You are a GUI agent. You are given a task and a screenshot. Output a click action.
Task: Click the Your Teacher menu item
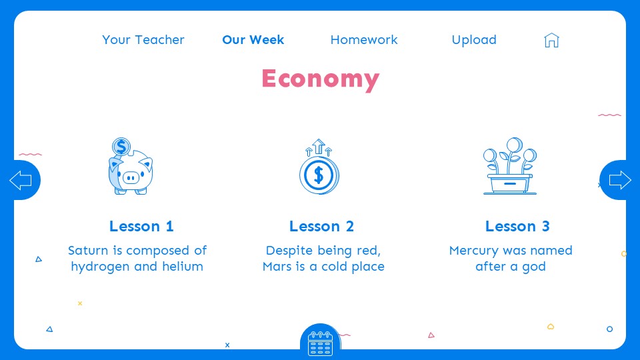click(x=143, y=40)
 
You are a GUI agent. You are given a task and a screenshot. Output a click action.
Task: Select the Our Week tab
click(x=253, y=40)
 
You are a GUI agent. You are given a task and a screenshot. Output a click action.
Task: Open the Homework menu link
click(x=364, y=40)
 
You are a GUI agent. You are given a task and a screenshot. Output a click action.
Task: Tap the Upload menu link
click(x=474, y=40)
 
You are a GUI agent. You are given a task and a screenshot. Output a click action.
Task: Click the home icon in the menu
click(x=551, y=40)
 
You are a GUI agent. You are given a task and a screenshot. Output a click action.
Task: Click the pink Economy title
click(x=320, y=79)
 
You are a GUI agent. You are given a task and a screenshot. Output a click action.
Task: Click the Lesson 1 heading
click(x=141, y=227)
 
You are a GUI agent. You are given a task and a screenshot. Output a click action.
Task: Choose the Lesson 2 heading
click(x=321, y=227)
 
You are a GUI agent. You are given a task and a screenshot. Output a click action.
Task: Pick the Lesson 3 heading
click(x=517, y=227)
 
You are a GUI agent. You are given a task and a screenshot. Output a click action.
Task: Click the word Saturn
click(x=88, y=251)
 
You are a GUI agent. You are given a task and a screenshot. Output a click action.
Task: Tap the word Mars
click(x=277, y=267)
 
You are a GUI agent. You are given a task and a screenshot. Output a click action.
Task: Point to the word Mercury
click(x=474, y=251)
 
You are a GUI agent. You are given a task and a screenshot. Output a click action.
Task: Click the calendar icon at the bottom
click(x=320, y=343)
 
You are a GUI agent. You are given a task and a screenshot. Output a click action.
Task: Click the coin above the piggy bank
click(x=121, y=146)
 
